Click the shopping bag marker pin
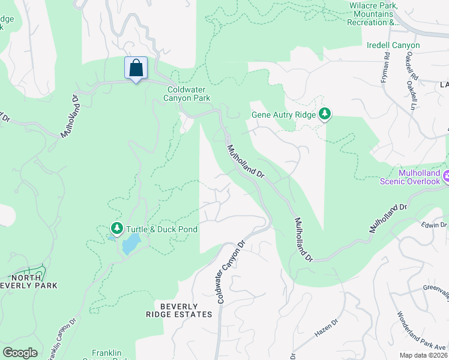coord(136,68)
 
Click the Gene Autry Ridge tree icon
coord(325,113)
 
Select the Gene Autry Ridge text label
coord(283,114)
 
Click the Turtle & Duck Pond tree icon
coord(117,229)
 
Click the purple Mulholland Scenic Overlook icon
coord(446,177)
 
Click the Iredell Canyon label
coord(393,46)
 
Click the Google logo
coord(20,353)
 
